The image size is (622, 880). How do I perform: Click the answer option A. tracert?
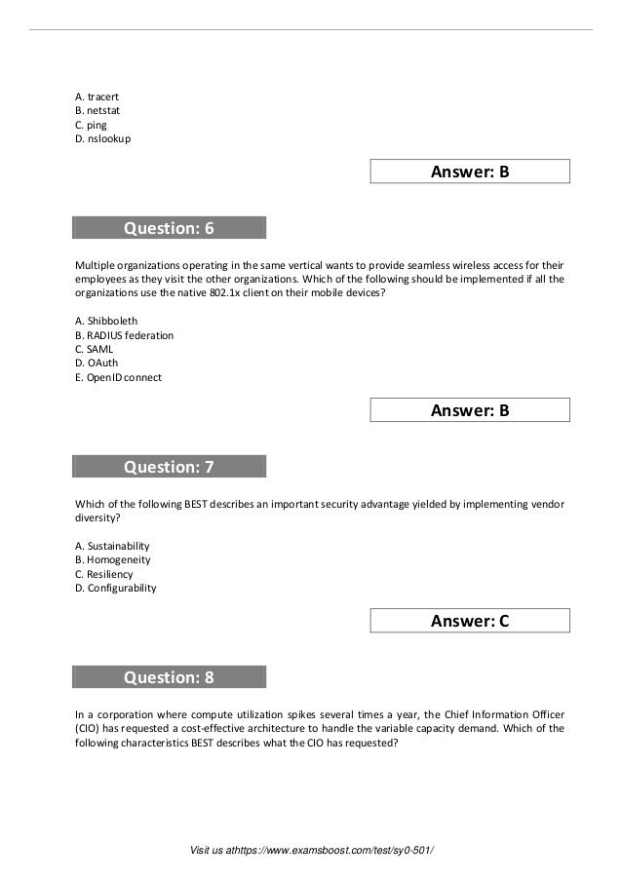(97, 97)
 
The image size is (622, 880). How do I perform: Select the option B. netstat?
(98, 111)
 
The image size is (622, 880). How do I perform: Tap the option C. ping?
(91, 125)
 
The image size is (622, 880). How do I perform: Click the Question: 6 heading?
(169, 229)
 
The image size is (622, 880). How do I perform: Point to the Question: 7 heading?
(169, 468)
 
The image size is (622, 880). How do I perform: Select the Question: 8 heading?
(169, 677)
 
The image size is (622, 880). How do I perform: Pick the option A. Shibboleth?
(106, 321)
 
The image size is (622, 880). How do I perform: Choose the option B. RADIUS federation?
(124, 335)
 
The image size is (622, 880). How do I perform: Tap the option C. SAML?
(95, 349)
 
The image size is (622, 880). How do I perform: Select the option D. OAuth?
(97, 363)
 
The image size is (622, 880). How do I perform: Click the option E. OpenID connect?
(118, 377)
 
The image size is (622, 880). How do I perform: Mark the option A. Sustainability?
(112, 546)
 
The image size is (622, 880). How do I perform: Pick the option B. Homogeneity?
(112, 560)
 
